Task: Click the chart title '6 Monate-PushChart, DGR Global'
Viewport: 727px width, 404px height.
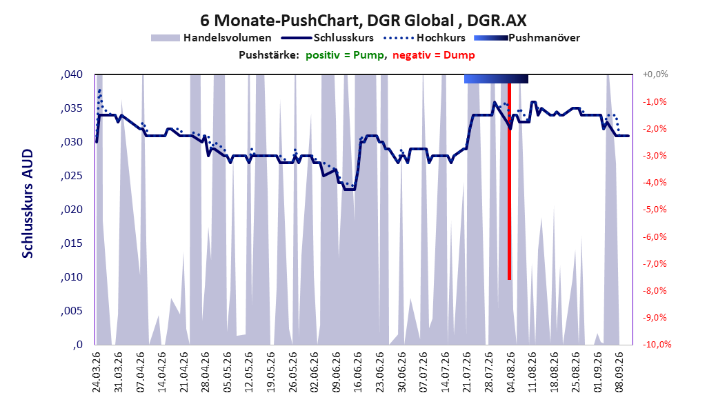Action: click(327, 21)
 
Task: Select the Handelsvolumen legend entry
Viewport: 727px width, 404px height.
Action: click(211, 38)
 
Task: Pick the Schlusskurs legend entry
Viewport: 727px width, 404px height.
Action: click(327, 38)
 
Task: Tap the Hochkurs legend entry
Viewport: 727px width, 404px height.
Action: click(424, 38)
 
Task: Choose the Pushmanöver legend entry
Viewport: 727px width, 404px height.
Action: click(527, 38)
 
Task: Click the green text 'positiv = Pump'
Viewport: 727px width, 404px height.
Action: click(344, 55)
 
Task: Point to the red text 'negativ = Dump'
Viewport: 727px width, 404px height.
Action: click(434, 55)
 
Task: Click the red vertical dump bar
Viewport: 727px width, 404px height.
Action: click(509, 181)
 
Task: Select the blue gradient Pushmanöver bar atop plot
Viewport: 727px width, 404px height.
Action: click(496, 79)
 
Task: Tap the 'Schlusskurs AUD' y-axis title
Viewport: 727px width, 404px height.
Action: click(28, 203)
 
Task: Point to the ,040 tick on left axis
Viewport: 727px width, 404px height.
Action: click(72, 74)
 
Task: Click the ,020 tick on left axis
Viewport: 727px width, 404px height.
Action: click(72, 210)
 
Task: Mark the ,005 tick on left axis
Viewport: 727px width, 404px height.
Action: click(72, 311)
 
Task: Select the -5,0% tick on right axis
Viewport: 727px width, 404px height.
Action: click(654, 210)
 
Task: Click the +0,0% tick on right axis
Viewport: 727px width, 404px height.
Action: click(655, 74)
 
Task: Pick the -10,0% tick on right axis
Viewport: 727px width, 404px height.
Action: click(657, 344)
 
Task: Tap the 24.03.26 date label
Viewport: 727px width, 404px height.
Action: click(97, 372)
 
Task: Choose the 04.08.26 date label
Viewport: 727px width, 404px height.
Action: click(510, 372)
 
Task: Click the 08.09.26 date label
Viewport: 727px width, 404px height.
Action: click(619, 372)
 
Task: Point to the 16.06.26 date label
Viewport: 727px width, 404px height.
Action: click(358, 372)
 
